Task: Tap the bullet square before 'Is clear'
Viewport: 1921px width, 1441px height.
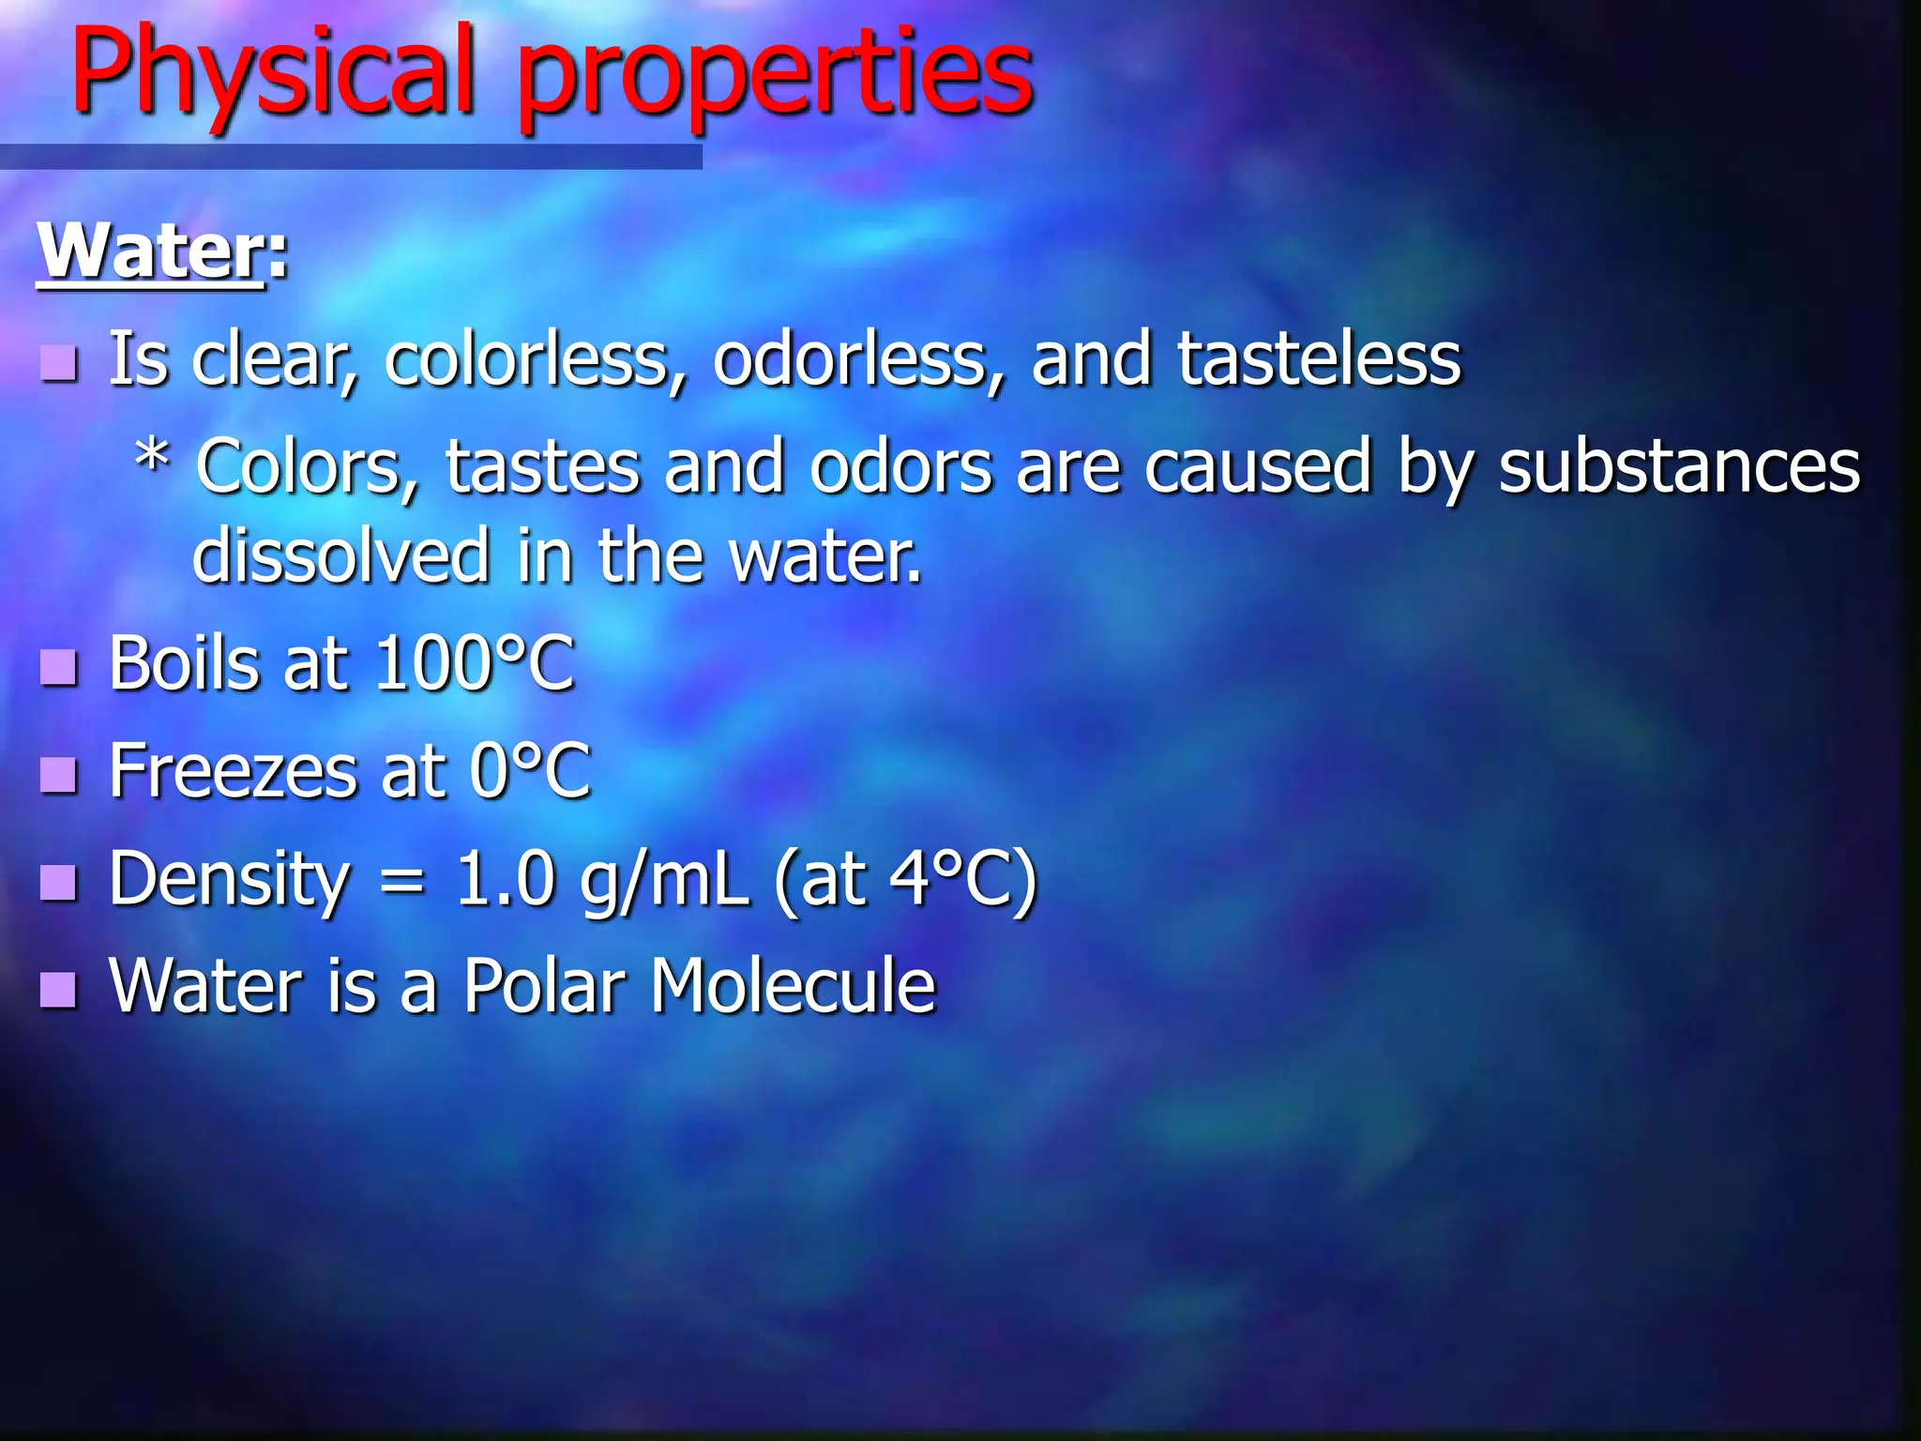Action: click(59, 362)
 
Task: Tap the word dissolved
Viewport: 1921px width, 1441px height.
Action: click(340, 555)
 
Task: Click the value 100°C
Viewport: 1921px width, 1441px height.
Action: click(475, 664)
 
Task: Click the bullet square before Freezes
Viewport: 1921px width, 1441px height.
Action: click(59, 775)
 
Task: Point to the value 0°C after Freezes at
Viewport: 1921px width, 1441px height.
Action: click(531, 771)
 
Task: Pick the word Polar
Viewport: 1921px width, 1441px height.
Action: click(545, 986)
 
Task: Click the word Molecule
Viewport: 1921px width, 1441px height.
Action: click(794, 986)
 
